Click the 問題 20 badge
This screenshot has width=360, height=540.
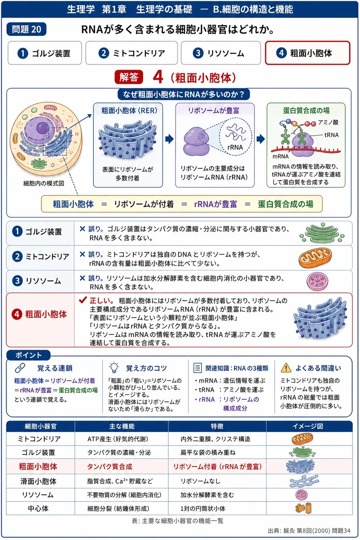point(27,29)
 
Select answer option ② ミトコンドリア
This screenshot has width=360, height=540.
point(131,53)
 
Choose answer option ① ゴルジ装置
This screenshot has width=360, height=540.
point(45,53)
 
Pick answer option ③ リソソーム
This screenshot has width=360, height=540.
point(221,53)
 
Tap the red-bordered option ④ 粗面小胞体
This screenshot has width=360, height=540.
point(308,53)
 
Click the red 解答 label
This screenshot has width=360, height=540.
point(129,77)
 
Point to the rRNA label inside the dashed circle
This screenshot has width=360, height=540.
point(235,147)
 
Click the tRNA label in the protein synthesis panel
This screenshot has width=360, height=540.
point(331,135)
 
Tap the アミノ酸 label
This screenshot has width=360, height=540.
point(328,122)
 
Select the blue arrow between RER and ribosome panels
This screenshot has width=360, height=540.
point(170,139)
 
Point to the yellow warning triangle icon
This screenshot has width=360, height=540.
point(286,367)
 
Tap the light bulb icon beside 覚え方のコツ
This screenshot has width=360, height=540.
point(114,367)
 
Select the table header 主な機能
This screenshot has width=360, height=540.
point(122,427)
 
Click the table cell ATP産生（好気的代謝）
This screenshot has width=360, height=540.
point(118,439)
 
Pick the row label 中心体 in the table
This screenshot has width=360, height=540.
point(38,508)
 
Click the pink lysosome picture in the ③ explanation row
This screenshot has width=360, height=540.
point(317,281)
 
